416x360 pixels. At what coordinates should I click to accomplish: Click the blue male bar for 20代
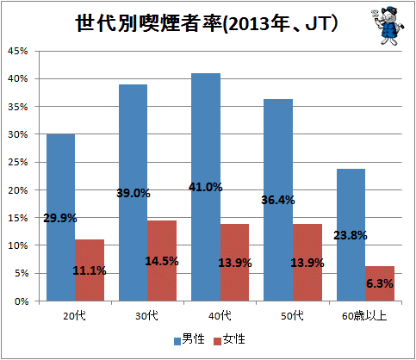(61, 218)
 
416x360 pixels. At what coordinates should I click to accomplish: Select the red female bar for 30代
(162, 261)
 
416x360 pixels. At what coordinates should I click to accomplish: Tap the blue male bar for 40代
(206, 187)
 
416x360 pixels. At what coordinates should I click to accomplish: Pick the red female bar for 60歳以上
(380, 283)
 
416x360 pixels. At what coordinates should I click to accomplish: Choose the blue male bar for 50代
(278, 200)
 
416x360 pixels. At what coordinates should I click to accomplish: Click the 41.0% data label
(206, 187)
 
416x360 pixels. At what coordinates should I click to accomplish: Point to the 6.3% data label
(380, 283)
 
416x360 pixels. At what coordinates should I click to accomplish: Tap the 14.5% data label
(162, 261)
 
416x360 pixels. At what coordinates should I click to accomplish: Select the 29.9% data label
(60, 218)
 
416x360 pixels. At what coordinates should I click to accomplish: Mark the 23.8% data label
(351, 235)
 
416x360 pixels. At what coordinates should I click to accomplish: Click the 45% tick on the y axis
(18, 51)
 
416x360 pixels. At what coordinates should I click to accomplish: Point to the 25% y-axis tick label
(18, 162)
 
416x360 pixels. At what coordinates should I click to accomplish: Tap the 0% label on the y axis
(22, 301)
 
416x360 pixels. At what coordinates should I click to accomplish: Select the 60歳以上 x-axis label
(364, 316)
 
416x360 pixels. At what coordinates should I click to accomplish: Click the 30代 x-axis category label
(146, 316)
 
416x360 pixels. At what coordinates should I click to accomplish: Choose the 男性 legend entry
(189, 339)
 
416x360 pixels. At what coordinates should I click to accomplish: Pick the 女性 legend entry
(229, 339)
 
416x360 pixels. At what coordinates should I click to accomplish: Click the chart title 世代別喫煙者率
(148, 23)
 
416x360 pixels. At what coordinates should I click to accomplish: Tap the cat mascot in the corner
(388, 26)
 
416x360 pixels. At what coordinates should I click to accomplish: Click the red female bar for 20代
(90, 270)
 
